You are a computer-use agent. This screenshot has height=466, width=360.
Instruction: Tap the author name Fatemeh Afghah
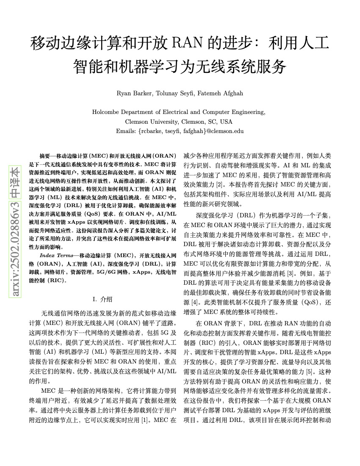(x=218, y=93)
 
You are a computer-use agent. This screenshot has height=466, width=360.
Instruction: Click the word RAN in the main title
(x=188, y=44)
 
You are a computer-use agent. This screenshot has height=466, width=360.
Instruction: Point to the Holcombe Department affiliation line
(x=180, y=112)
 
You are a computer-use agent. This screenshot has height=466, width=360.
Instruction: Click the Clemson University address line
(x=180, y=122)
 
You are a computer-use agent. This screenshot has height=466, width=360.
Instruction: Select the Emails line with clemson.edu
(x=180, y=131)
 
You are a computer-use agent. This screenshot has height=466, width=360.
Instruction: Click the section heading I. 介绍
(x=102, y=300)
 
